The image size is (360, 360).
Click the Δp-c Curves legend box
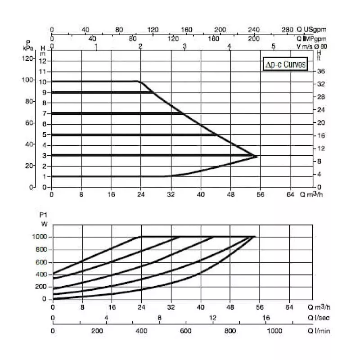[x=285, y=65]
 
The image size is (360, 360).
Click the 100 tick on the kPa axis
[x=28, y=80]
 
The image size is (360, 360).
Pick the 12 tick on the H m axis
[x=43, y=61]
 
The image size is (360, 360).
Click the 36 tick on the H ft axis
[x=321, y=72]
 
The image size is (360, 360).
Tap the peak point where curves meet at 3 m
[x=256, y=156]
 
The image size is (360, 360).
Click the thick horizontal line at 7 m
[x=117, y=113]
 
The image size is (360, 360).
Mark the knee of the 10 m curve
[x=138, y=81]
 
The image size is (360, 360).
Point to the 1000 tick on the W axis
[x=39, y=237]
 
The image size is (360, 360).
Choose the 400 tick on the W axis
[x=41, y=274]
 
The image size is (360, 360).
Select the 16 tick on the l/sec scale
[x=265, y=318]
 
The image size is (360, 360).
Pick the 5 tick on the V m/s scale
[x=273, y=46]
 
